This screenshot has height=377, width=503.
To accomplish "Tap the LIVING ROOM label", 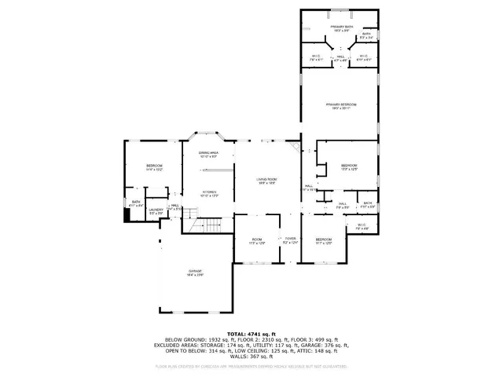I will coord(266,181).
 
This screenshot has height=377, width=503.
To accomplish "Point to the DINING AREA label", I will coord(207,155).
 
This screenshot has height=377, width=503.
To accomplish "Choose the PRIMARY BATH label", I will coord(341,27).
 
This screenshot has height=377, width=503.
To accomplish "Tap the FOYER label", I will coord(290,240).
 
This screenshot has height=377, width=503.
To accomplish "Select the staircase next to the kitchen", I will coord(211,226).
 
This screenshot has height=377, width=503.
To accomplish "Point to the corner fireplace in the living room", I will coord(295,147).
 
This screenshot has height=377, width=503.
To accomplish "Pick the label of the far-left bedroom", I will coord(153,167).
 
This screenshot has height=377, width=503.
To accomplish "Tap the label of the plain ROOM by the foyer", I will coord(257,240).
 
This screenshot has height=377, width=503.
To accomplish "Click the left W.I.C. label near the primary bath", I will coord(314,57).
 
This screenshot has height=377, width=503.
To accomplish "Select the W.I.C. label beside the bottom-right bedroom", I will coord(362,227).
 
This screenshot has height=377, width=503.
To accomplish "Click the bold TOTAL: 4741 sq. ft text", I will coord(251,334).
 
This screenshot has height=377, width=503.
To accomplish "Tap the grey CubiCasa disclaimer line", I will coord(251,366).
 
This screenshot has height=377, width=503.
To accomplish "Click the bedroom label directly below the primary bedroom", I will coord(348,167).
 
